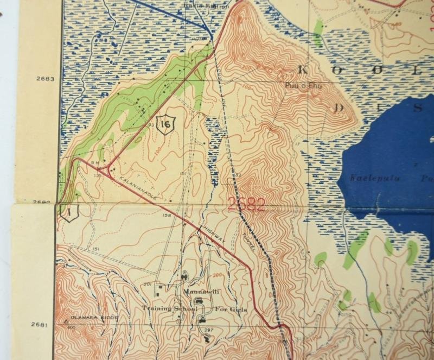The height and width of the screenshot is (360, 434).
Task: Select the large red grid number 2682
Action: (246, 205)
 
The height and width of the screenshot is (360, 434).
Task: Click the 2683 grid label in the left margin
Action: (46, 79)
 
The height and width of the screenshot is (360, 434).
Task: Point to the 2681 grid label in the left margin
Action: (38, 325)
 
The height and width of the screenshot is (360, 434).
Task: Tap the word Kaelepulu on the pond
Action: (369, 177)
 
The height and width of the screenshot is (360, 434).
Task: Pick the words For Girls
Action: (230, 309)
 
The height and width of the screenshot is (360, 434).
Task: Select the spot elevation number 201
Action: (147, 284)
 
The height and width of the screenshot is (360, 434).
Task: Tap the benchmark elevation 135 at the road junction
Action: (98, 175)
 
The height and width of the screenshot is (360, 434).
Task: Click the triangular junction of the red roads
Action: (110, 166)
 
